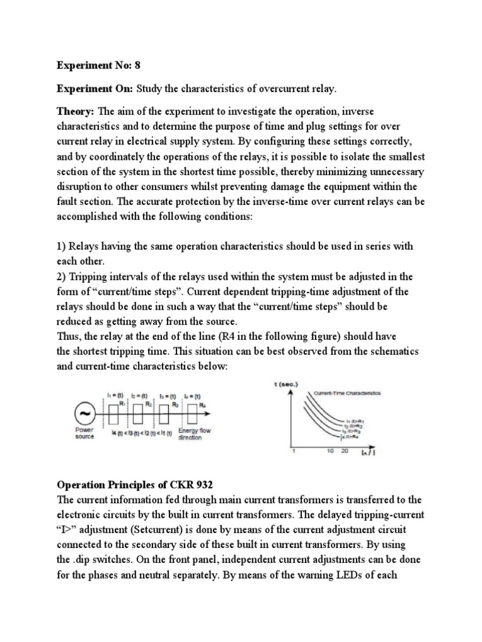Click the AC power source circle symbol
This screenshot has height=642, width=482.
(83, 414)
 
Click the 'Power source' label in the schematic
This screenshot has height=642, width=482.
(85, 433)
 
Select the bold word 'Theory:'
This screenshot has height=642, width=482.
(75, 112)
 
